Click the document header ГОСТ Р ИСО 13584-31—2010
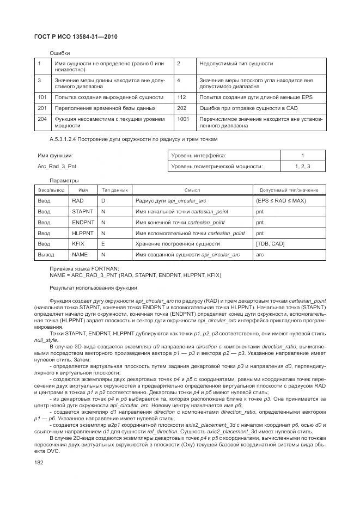click(x=76, y=36)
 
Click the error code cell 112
click(x=181, y=97)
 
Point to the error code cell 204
click(x=41, y=118)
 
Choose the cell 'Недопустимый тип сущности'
click(x=236, y=64)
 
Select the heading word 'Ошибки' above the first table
click(x=59, y=53)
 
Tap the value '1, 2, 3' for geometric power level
click(x=302, y=166)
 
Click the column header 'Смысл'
click(x=192, y=190)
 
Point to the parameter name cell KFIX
click(x=78, y=243)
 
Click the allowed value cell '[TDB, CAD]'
click(x=270, y=243)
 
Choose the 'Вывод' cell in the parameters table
click(x=46, y=254)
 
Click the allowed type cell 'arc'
click(x=260, y=254)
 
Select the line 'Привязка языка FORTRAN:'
click(x=84, y=269)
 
